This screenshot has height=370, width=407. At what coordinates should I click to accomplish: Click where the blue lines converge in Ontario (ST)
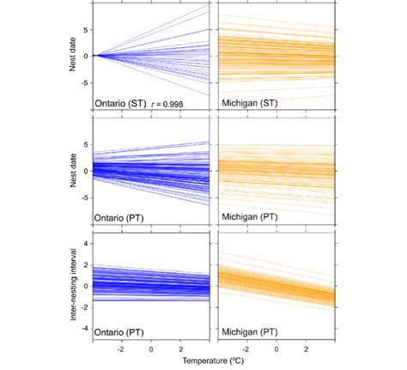tap(97, 55)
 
